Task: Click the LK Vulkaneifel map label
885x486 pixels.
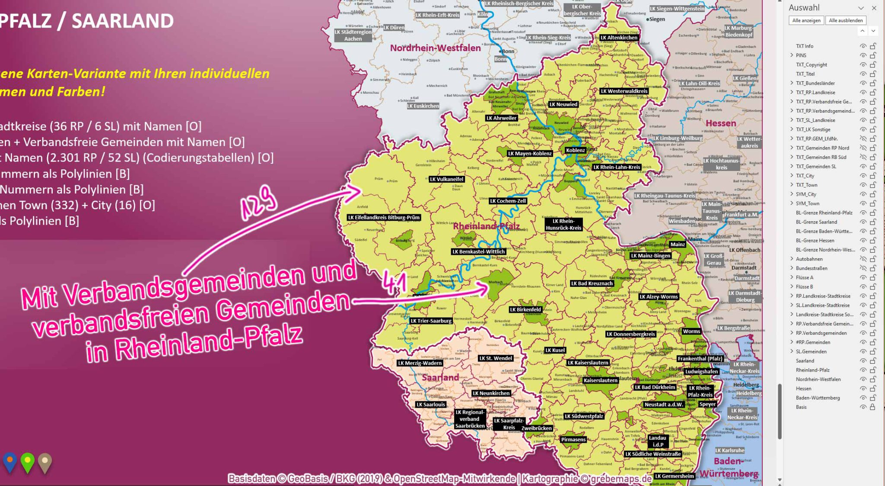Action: pyautogui.click(x=447, y=179)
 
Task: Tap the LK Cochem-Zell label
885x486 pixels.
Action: pyautogui.click(x=508, y=201)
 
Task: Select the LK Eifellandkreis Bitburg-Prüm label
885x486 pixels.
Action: pyautogui.click(x=384, y=218)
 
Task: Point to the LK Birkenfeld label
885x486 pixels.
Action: pyautogui.click(x=525, y=310)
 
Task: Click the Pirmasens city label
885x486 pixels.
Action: pyautogui.click(x=573, y=440)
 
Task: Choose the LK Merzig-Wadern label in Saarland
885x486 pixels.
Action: pyautogui.click(x=420, y=363)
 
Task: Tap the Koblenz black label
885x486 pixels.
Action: pyautogui.click(x=576, y=150)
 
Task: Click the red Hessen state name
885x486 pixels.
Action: pyautogui.click(x=721, y=124)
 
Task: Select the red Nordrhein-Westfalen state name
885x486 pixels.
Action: pyautogui.click(x=435, y=48)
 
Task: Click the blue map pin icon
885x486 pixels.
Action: pyautogui.click(x=10, y=462)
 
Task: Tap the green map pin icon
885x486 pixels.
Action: pyautogui.click(x=27, y=462)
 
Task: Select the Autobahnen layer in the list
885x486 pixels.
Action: pyautogui.click(x=809, y=259)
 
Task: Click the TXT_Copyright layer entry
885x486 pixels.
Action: pyautogui.click(x=811, y=65)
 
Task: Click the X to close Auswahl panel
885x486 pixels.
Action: pyautogui.click(x=874, y=8)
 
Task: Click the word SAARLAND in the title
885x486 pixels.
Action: pyautogui.click(x=123, y=21)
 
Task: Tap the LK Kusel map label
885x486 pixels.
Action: pyautogui.click(x=555, y=350)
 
